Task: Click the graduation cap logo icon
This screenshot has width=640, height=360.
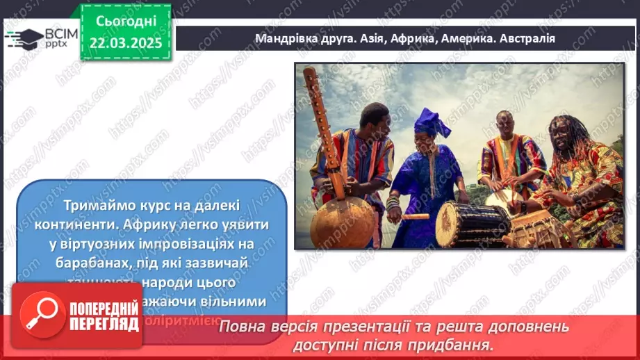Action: (x=23, y=37)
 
